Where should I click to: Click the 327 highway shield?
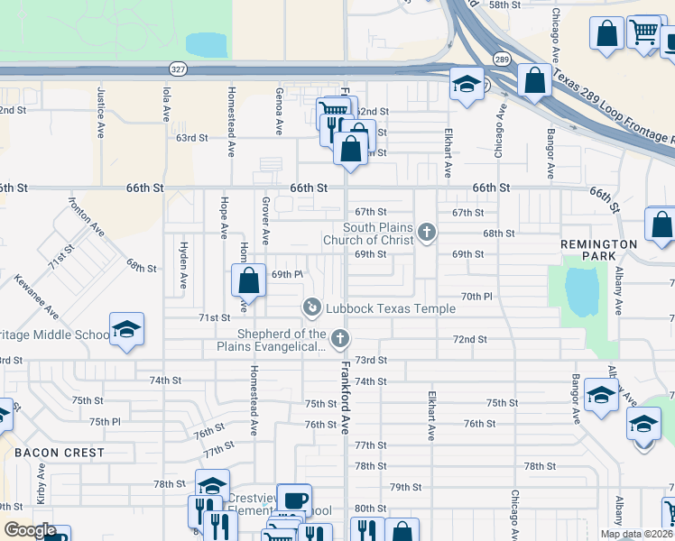[x=179, y=68]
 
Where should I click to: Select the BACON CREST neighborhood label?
[x=59, y=453]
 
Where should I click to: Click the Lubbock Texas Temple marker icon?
[x=311, y=308]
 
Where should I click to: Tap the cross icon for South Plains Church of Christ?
[x=427, y=234]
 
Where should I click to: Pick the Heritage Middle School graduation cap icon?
[x=127, y=329]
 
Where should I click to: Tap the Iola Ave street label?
[x=166, y=104]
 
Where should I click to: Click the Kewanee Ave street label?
[x=37, y=298]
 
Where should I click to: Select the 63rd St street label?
[x=191, y=138]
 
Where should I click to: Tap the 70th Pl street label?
[x=476, y=296]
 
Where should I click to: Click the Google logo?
[x=30, y=531]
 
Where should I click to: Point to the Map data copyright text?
[x=636, y=534]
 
